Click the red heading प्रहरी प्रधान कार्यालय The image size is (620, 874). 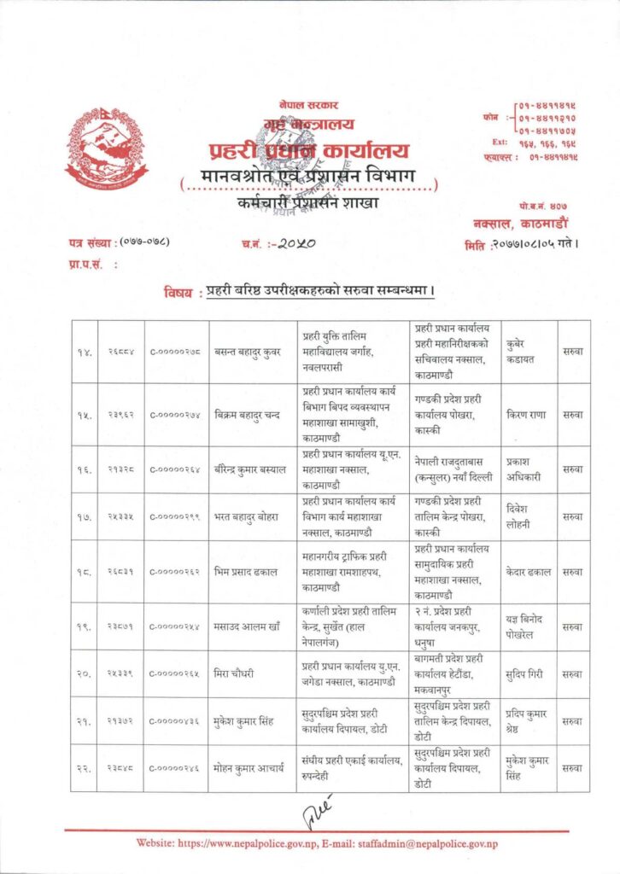point(309,152)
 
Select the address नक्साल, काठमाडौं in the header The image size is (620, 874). point(516,223)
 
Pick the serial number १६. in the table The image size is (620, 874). point(83,468)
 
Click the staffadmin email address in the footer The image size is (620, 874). point(428,843)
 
